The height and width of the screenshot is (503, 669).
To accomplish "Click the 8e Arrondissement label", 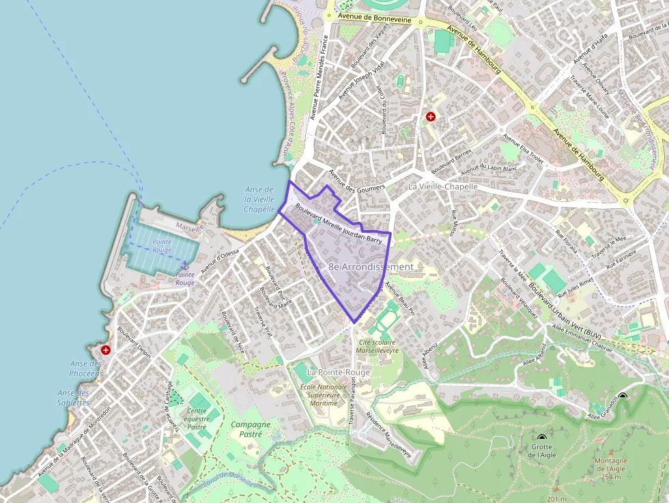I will (371, 266).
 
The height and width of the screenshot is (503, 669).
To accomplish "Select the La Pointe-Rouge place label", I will (339, 372).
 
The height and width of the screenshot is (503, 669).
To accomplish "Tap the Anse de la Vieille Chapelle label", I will (259, 199).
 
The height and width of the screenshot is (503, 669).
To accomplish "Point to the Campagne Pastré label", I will (251, 429).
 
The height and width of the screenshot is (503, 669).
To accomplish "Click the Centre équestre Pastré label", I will (197, 418).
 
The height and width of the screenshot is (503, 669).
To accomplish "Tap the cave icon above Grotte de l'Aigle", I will (541, 437).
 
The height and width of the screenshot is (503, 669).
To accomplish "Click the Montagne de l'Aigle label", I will (611, 468).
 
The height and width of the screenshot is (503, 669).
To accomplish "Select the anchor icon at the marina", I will (184, 265).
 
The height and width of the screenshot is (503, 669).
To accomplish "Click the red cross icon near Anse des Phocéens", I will (106, 350).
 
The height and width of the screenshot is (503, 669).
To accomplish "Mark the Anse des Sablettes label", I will (74, 397).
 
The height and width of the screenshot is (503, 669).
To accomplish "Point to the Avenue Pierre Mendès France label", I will (319, 78).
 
